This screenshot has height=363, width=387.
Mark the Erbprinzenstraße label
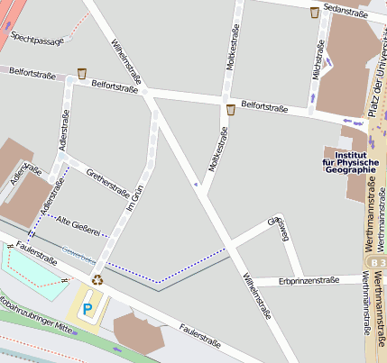[309, 280]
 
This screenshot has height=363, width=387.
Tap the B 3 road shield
[377, 261]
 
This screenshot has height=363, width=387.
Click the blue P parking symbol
[88, 308]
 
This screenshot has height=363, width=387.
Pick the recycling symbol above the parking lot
[97, 279]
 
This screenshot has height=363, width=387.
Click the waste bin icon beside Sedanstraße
[314, 12]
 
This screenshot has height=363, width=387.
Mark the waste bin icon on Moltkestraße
[231, 110]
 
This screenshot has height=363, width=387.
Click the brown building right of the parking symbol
[141, 336]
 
